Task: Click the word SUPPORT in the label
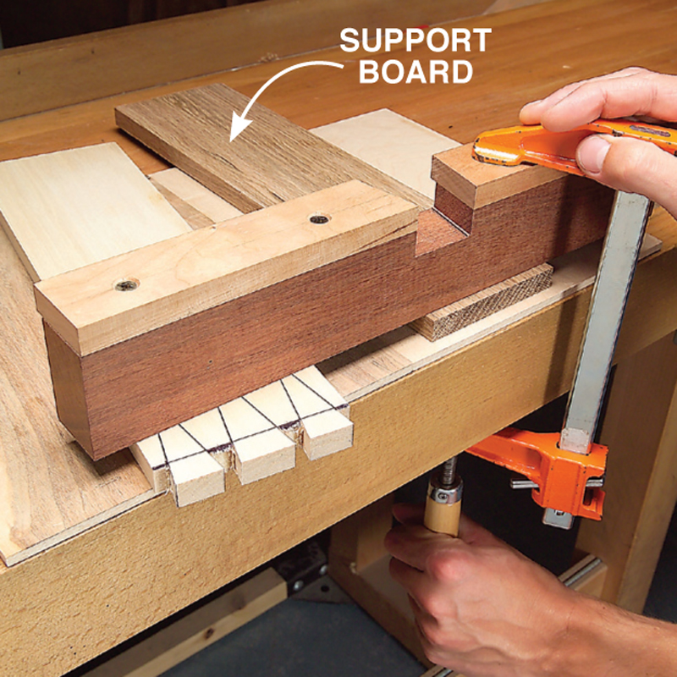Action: (x=416, y=41)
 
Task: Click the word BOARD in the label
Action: (x=416, y=72)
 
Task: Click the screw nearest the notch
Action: (x=319, y=219)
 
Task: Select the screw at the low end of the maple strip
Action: (x=126, y=285)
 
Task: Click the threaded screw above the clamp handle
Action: (x=448, y=470)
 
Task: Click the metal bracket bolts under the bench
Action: (x=309, y=576)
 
